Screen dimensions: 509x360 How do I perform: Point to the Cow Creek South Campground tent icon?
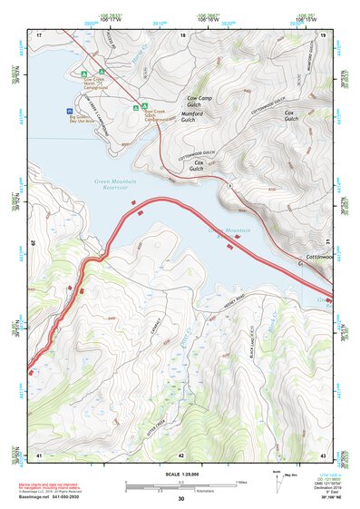pyautogui.click(x=134, y=107)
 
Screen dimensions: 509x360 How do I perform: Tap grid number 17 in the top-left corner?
pyautogui.click(x=40, y=34)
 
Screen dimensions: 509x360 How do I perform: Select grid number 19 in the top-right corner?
pyautogui.click(x=322, y=34)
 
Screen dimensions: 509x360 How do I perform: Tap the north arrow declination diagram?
pyautogui.click(x=277, y=479)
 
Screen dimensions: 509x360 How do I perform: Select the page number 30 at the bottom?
pyautogui.click(x=181, y=499)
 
